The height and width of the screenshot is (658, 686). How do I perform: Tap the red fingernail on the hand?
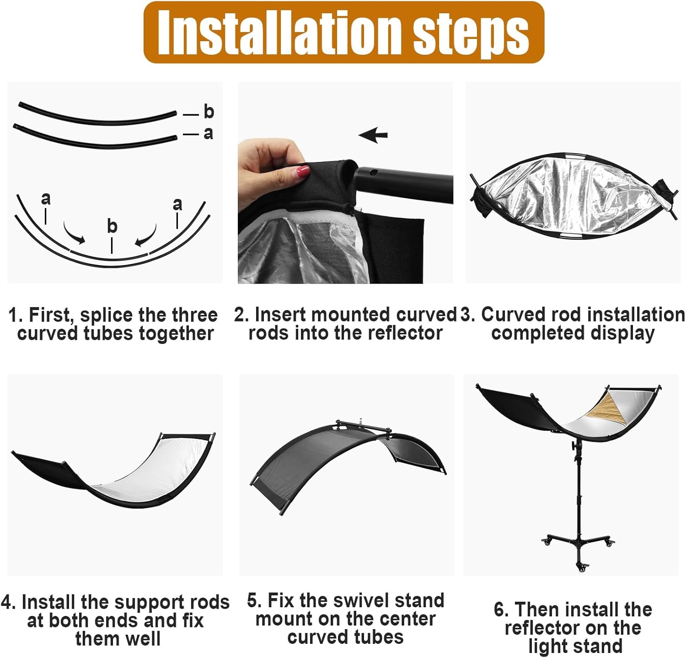click(303, 172)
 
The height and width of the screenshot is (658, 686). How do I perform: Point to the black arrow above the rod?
click(373, 135)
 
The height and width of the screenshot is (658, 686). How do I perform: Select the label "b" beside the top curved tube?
click(209, 112)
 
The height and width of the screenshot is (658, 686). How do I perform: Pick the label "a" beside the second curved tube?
click(208, 133)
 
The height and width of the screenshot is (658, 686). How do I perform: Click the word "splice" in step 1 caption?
click(107, 316)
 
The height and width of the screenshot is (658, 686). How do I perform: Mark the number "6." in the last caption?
click(502, 610)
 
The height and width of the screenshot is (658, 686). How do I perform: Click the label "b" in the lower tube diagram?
click(112, 226)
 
